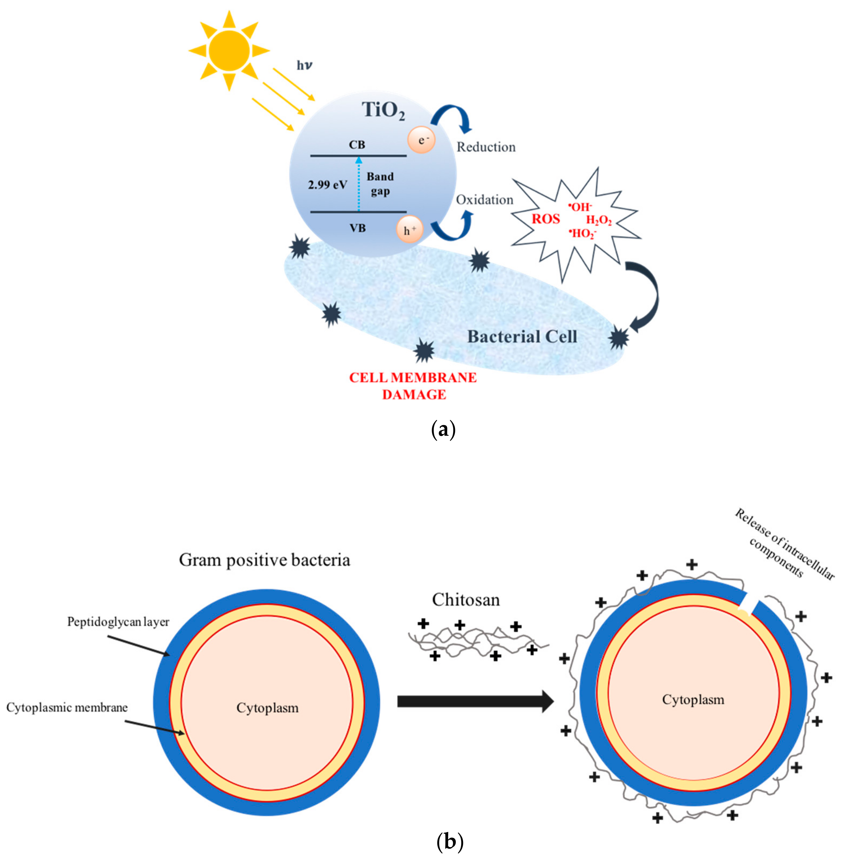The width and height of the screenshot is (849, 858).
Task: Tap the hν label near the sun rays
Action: pyautogui.click(x=305, y=66)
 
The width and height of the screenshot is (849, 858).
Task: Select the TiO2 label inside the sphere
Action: pyautogui.click(x=383, y=110)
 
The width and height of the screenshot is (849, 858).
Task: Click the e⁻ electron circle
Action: pyautogui.click(x=421, y=140)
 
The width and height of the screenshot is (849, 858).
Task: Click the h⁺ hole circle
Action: pyautogui.click(x=409, y=230)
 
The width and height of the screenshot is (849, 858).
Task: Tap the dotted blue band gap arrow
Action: pyautogui.click(x=359, y=184)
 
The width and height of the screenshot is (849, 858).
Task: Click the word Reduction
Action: pyautogui.click(x=486, y=147)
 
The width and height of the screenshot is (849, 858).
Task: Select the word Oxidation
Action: pyautogui.click(x=484, y=200)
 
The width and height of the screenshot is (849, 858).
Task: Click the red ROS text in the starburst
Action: pyautogui.click(x=546, y=219)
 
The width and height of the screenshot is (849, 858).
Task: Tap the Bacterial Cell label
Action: pyautogui.click(x=522, y=337)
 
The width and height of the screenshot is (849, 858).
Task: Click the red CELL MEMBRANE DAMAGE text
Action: pyautogui.click(x=413, y=385)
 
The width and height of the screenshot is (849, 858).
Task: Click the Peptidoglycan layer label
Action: pyautogui.click(x=118, y=622)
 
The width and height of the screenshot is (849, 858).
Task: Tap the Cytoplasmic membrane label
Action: pyautogui.click(x=67, y=708)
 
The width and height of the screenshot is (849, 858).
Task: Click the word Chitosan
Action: pyautogui.click(x=466, y=600)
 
